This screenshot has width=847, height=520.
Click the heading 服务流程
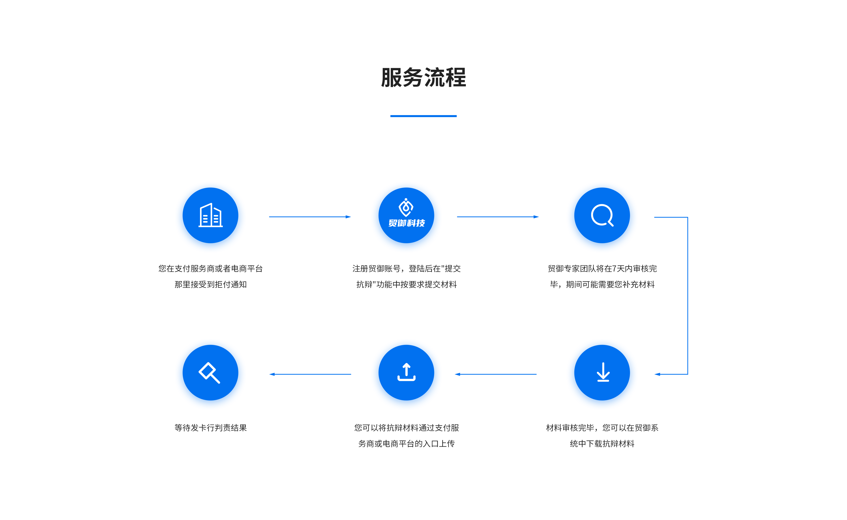coord(423,78)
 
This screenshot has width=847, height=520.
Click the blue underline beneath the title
coord(423,116)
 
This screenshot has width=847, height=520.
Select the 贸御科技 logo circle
coord(406,215)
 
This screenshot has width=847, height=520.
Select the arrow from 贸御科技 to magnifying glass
coord(498,217)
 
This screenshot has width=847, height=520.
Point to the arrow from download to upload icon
coord(496,374)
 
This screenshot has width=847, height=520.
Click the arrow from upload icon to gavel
coord(310,374)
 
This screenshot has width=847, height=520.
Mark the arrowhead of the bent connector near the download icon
coord(657,374)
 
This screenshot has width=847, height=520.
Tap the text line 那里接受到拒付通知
coord(210,284)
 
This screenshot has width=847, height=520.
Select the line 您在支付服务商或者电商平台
coord(210,269)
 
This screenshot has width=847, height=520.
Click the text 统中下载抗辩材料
coord(602,444)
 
